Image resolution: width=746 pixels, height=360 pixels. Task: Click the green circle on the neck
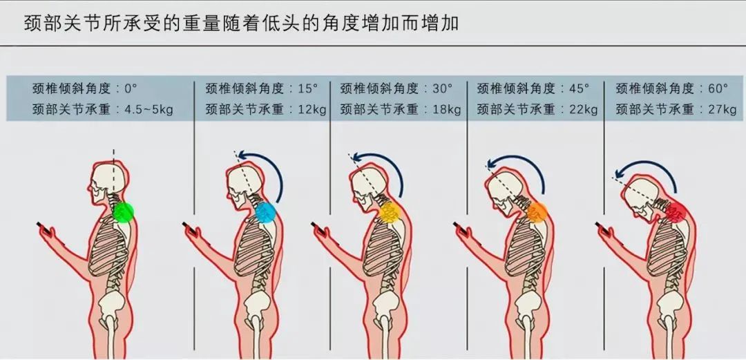coord(123,211)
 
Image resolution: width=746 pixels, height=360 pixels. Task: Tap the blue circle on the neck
coord(265,212)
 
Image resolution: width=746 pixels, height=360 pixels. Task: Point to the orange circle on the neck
coord(537,212)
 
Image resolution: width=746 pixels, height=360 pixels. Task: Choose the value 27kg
coord(720,109)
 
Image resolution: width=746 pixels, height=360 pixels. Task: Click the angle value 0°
coord(131,88)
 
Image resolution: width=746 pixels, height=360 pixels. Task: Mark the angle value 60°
coord(717,88)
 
